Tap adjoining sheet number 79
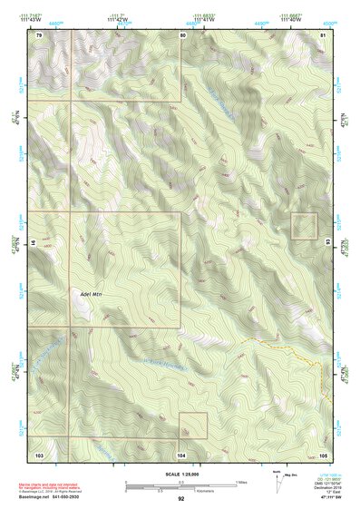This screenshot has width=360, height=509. [39, 34]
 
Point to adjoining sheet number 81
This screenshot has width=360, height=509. [323, 34]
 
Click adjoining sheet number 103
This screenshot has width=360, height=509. [39, 453]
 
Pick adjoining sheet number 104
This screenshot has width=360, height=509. [181, 453]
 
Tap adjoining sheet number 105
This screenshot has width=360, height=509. [323, 453]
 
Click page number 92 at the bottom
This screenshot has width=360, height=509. [181, 499]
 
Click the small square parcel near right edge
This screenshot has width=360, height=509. [303, 226]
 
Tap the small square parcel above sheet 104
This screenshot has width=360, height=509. [193, 426]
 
